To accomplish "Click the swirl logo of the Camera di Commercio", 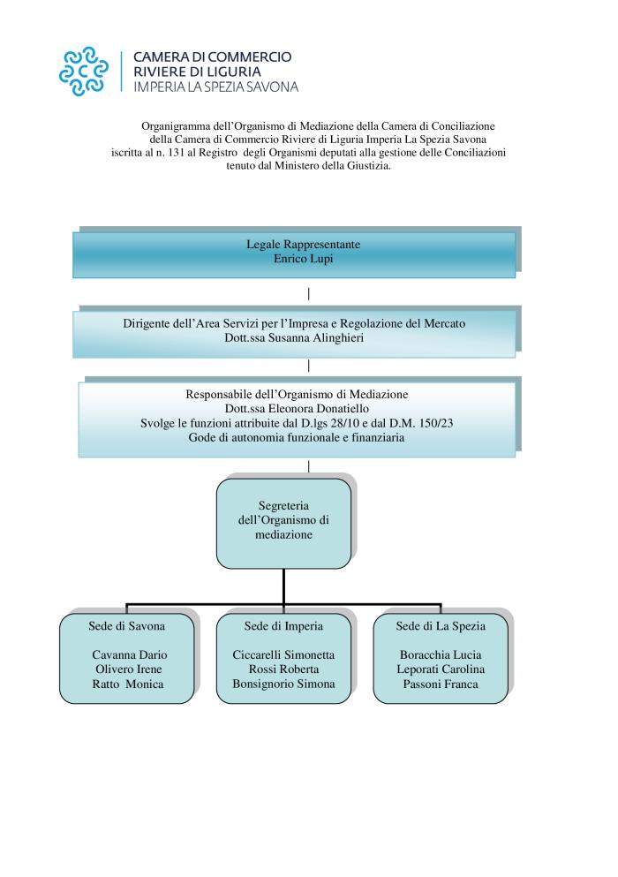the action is click(84, 71).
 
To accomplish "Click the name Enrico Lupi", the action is click(303, 259).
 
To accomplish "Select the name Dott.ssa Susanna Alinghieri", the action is click(294, 338).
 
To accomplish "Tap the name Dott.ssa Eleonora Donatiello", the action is click(297, 408).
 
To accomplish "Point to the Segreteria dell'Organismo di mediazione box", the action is click(283, 524).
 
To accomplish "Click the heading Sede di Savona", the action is click(126, 626).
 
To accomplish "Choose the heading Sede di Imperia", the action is click(283, 626).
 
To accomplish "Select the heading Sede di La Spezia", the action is click(441, 626).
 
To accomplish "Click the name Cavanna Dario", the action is click(129, 654).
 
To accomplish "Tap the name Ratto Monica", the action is click(127, 684).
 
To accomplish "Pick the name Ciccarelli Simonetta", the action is click(283, 654).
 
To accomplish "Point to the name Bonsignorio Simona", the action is click(283, 684).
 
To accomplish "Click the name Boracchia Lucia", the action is click(441, 654).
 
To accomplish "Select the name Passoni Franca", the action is click(441, 684).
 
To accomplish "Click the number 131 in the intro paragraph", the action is click(176, 152).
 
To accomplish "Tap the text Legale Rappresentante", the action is click(303, 245).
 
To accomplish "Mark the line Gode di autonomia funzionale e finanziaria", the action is click(297, 437).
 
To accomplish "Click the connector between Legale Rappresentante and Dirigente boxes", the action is click(309, 293).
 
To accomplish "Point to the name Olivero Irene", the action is click(129, 669).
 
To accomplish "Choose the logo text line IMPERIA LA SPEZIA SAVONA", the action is click(216, 87).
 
